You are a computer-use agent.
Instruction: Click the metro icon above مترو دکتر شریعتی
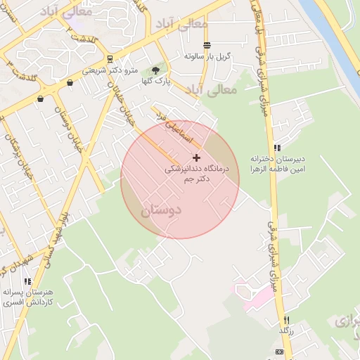point(110,59)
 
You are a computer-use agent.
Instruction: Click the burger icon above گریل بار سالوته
point(207,45)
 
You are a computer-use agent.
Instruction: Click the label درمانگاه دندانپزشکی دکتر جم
point(190,174)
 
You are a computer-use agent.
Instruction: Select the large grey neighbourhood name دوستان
point(161,210)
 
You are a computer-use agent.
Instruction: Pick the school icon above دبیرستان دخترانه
point(277,148)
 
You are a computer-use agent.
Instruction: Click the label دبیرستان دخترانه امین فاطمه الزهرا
point(276,164)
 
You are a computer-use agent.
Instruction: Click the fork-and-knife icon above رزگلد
point(286,320)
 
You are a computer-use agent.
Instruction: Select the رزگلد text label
point(285,330)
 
